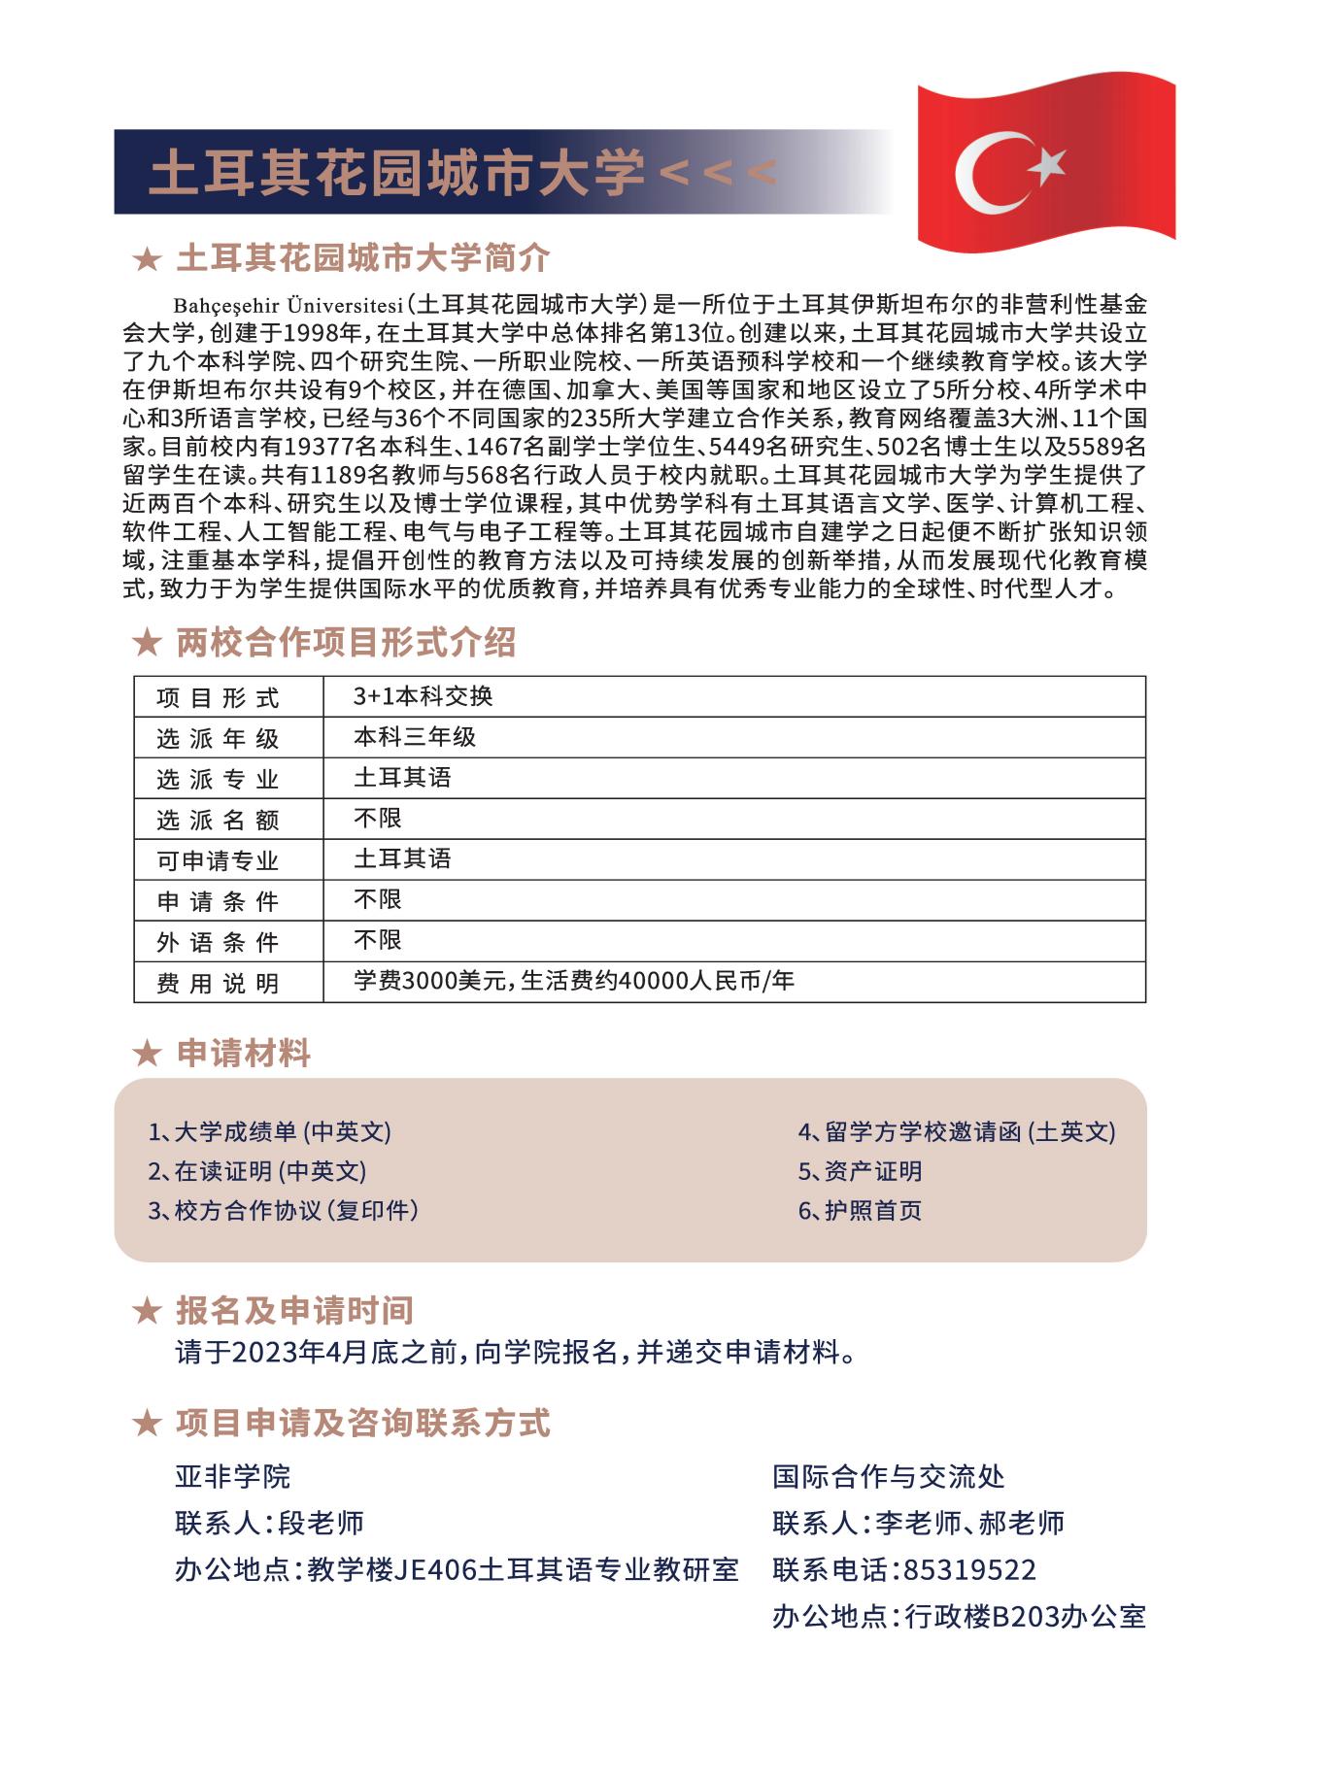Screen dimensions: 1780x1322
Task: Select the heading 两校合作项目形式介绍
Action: point(346,643)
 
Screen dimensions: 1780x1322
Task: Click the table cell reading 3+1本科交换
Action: point(424,695)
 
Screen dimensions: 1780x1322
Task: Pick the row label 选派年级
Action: point(218,738)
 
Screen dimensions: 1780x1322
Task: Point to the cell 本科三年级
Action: point(415,736)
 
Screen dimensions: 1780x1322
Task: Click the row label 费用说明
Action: point(218,983)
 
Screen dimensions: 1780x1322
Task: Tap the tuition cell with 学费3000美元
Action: point(573,981)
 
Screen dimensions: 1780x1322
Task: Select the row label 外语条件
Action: point(218,942)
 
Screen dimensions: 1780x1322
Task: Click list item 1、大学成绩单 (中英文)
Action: point(269,1131)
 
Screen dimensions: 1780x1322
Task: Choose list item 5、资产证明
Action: point(860,1171)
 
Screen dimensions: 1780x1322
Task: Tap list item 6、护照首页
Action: point(860,1210)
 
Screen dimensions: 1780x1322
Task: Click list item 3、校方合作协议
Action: point(283,1210)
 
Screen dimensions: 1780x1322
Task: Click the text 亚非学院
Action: point(232,1477)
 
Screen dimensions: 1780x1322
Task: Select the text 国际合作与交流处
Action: point(888,1477)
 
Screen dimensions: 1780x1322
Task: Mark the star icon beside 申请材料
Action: point(146,1054)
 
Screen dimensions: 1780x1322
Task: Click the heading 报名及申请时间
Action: point(294,1310)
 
